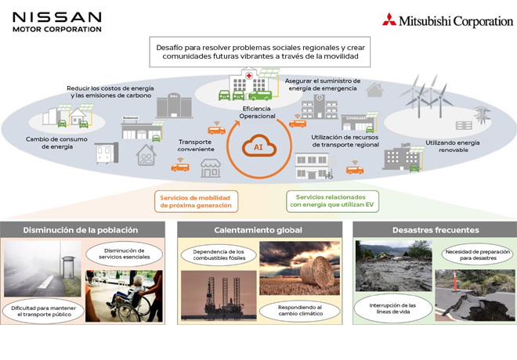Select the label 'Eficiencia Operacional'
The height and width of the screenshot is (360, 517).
pyautogui.click(x=258, y=111)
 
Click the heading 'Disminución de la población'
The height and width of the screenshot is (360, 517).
pyautogui.click(x=81, y=230)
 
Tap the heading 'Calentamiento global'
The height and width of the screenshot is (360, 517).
pyautogui.click(x=258, y=230)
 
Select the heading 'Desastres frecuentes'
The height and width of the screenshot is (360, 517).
pyautogui.click(x=435, y=230)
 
